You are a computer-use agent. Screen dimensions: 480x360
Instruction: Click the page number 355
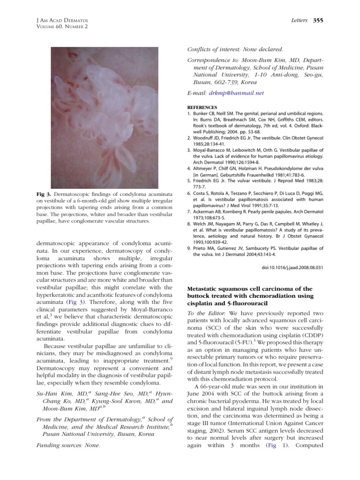click(318, 20)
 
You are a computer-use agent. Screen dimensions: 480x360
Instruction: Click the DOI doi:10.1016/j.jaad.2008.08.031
click(293, 268)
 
